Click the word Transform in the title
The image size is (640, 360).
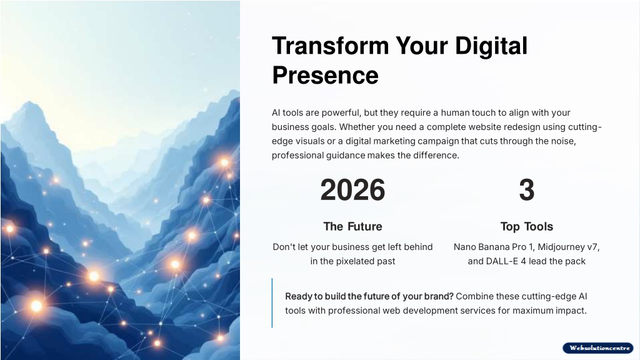point(331,45)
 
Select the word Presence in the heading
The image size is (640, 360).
point(325,76)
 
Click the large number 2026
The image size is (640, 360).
point(352,190)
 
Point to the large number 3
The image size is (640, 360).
point(526,190)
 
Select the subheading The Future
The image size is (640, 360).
point(352,226)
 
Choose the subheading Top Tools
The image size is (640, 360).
point(526,226)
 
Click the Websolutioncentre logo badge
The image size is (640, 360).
point(598,347)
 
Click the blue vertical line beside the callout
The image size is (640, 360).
point(272,303)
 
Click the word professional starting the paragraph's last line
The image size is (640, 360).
point(297,156)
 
